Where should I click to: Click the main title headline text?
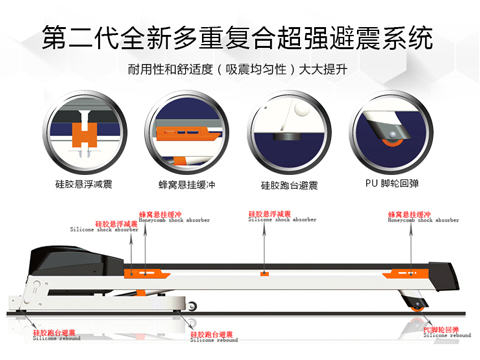pos(239,39)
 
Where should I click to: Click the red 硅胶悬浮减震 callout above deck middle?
pos(269,215)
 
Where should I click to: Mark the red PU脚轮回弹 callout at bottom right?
pos(441,330)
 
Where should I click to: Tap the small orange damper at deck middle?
pos(265,272)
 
